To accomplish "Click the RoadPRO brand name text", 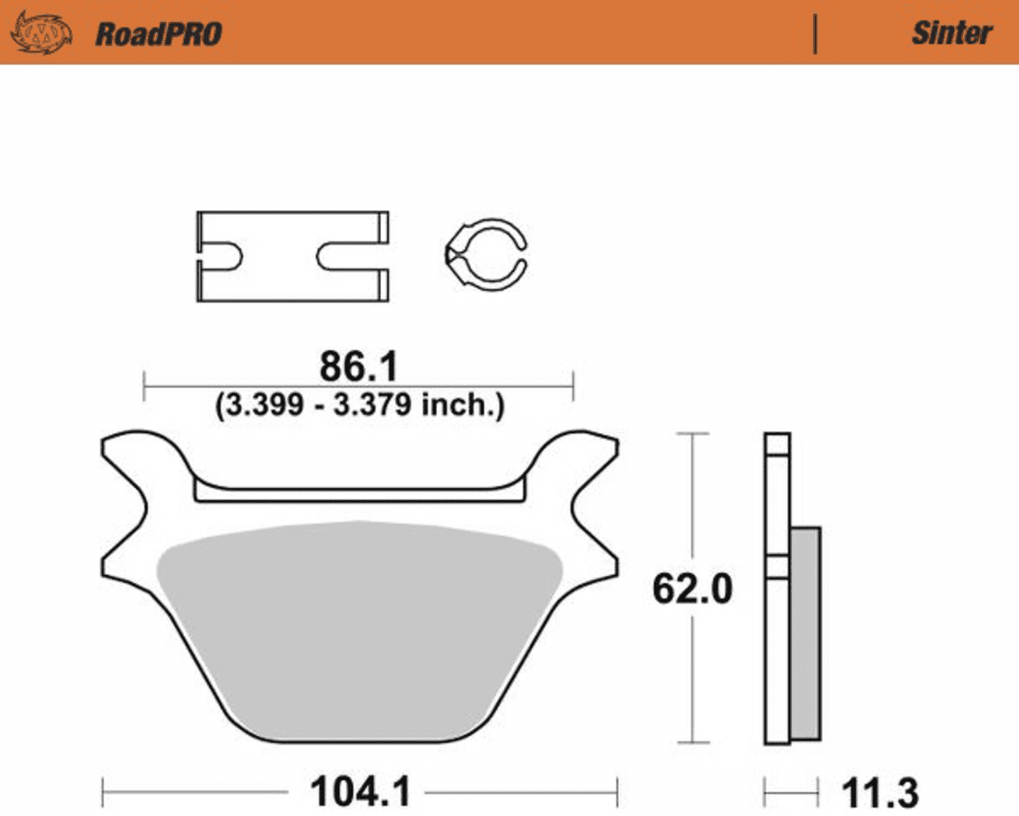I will (x=158, y=34).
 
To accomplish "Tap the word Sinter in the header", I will (x=952, y=33).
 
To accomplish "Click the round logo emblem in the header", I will (x=41, y=33).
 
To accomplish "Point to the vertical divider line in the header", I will (x=815, y=34).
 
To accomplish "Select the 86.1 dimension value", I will (x=359, y=366).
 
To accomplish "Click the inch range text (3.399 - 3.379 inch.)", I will (x=360, y=405).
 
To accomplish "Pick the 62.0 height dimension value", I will (x=692, y=588).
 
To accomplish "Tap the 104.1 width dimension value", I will (x=360, y=792).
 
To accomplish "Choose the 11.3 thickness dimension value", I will (x=879, y=793).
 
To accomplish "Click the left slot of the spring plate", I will (x=220, y=256).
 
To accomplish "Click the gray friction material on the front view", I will (x=359, y=628).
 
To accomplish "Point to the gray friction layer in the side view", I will (x=806, y=632).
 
